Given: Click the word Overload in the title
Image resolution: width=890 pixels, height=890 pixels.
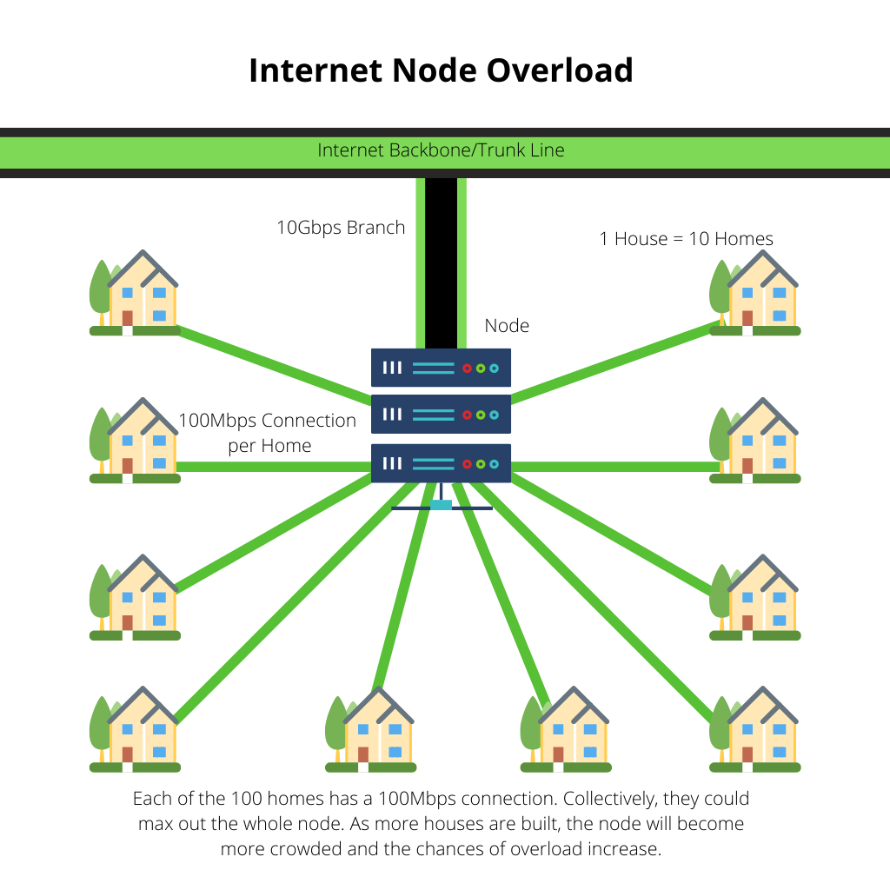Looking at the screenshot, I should (559, 70).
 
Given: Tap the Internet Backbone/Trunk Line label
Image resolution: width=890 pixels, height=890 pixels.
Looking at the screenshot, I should (441, 150).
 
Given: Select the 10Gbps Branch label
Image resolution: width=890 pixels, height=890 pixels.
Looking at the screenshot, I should (341, 228).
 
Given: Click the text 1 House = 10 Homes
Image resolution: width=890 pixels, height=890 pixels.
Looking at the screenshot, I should (686, 239).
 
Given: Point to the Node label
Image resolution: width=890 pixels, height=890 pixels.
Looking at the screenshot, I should (507, 326).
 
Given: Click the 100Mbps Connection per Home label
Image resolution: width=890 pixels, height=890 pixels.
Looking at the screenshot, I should (267, 433).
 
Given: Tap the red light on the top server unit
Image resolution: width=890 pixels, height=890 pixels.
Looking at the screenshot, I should (467, 369).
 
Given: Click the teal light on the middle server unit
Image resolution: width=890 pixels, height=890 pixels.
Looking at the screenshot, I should (494, 415).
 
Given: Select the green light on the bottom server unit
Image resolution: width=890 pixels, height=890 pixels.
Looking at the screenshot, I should (480, 464).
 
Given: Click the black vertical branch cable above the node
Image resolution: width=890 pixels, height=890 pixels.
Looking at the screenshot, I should (441, 261).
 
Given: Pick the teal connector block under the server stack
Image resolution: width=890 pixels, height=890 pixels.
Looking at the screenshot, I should (441, 505).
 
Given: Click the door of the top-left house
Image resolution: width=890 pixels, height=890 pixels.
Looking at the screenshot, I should (127, 318).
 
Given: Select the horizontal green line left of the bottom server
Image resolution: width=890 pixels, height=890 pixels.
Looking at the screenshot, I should (274, 467).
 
